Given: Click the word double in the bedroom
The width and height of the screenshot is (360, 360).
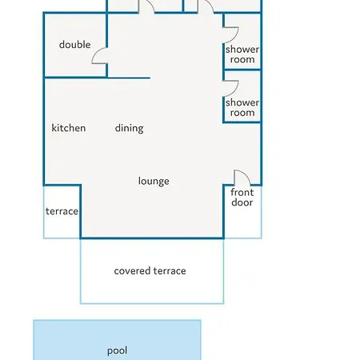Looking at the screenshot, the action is click(x=74, y=45).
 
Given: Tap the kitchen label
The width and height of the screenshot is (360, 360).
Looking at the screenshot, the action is click(x=69, y=128).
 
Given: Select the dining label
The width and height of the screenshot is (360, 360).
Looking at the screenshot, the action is click(x=130, y=129).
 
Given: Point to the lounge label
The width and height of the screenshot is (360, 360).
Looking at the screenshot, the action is click(x=154, y=182).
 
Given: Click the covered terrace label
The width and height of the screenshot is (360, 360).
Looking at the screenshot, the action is click(x=150, y=271).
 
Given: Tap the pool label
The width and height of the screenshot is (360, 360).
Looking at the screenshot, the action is click(x=117, y=351).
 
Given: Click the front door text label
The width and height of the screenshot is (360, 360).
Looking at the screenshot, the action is click(x=242, y=198).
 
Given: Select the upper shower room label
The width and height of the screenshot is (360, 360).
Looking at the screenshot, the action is click(x=242, y=54).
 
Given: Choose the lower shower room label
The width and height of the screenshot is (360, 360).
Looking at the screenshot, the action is click(x=242, y=107).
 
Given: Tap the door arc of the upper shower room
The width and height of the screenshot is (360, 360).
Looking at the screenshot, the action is click(x=236, y=36).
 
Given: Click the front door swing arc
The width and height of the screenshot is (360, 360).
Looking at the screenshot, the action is click(x=246, y=174).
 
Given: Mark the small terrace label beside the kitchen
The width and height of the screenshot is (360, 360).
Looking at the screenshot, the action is click(x=62, y=211).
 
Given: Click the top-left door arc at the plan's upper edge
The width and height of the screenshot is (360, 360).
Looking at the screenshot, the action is click(x=150, y=3).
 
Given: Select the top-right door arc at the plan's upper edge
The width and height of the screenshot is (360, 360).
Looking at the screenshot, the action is click(x=209, y=3).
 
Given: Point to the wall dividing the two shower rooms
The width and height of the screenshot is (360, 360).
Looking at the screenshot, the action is click(x=242, y=70).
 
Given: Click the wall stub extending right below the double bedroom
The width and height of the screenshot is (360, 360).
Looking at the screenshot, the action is click(x=129, y=78).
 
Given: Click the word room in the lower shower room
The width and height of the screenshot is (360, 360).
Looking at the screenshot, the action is click(x=242, y=113).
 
